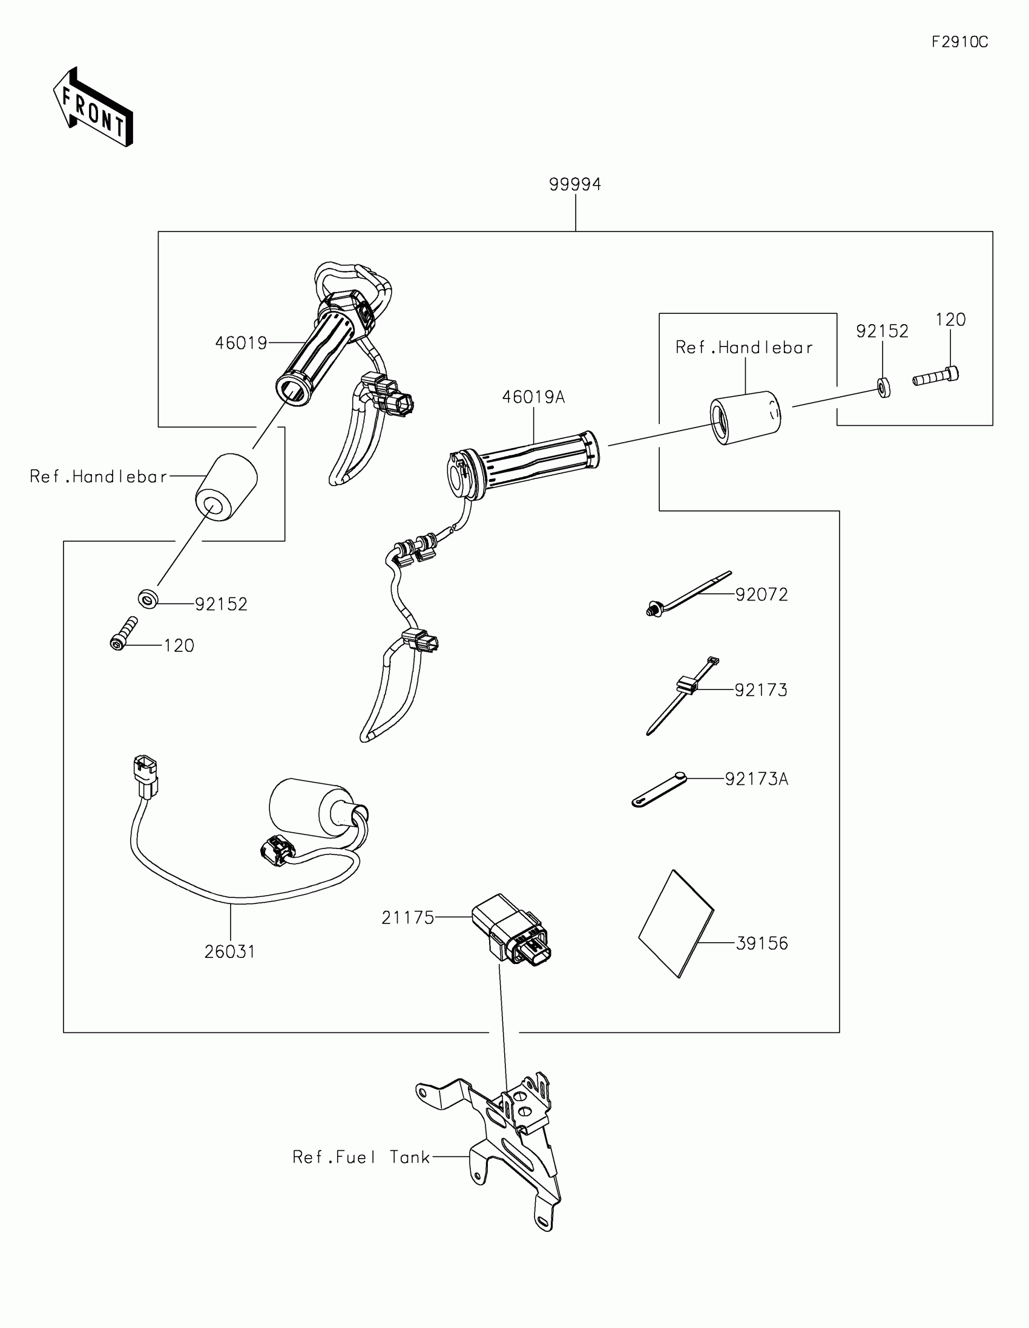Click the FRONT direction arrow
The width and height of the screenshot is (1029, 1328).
[x=93, y=108]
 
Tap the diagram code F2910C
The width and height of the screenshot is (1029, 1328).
[x=959, y=42]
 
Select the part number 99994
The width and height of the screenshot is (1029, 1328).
[x=575, y=184]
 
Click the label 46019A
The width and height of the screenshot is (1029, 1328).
[x=533, y=397]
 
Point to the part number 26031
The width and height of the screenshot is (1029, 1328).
[x=229, y=952]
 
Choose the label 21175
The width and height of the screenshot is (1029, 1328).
[x=408, y=917]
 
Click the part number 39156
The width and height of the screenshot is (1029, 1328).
[x=761, y=943]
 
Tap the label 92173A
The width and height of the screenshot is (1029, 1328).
[x=757, y=779]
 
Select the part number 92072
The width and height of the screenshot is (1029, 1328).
[x=761, y=594]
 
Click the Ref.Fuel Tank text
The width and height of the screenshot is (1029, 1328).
[x=361, y=1157]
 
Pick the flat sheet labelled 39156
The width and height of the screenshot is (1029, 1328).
[x=676, y=924]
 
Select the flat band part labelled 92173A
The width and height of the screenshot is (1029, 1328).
[x=660, y=789]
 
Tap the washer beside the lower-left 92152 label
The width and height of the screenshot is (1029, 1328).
[x=148, y=599]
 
